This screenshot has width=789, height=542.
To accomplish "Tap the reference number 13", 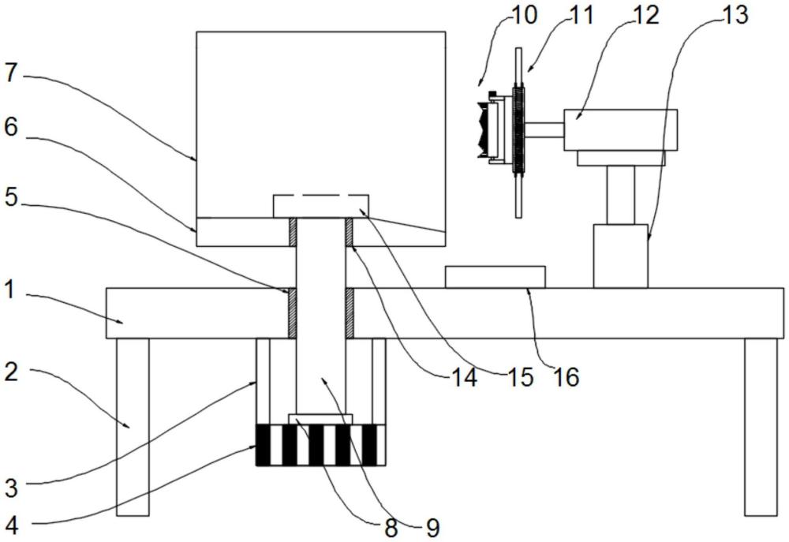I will pos(734,14).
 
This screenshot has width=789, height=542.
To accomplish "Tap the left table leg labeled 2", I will pos(133,426).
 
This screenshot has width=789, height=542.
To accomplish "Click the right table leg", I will pos(761,426).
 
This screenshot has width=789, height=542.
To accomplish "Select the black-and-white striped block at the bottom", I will pos(320,445).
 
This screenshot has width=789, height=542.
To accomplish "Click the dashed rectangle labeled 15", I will pos(320,206).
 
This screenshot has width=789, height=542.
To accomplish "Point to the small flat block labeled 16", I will pos(495,277).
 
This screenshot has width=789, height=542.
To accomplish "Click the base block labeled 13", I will pos(620,256).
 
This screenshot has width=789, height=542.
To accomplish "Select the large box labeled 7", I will pos(320,118).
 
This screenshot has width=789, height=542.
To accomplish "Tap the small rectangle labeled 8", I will pos(320,419).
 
